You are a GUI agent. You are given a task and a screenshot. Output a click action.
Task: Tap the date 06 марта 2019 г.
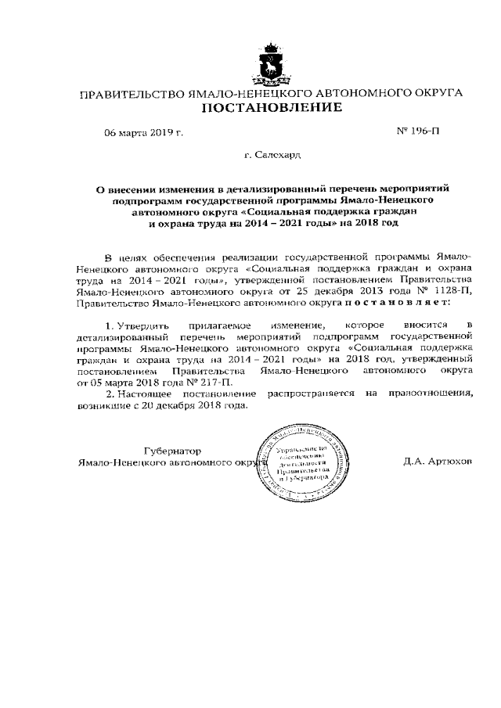144,133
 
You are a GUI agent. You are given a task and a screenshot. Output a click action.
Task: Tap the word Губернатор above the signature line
173,451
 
